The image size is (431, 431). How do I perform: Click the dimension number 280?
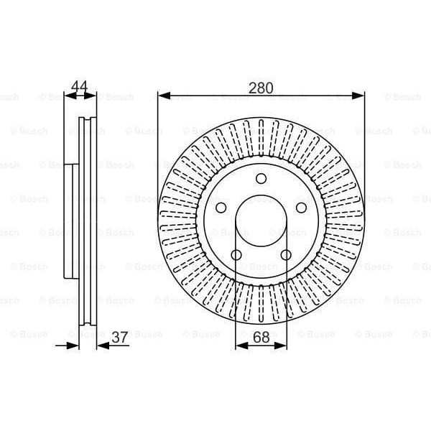tap(261, 88)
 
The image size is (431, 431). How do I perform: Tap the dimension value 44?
tap(79, 88)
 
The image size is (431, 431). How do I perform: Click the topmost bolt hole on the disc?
tap(261, 179)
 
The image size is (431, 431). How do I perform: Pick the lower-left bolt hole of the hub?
tap(236, 255)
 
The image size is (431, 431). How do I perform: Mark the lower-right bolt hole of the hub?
tap(286, 255)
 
